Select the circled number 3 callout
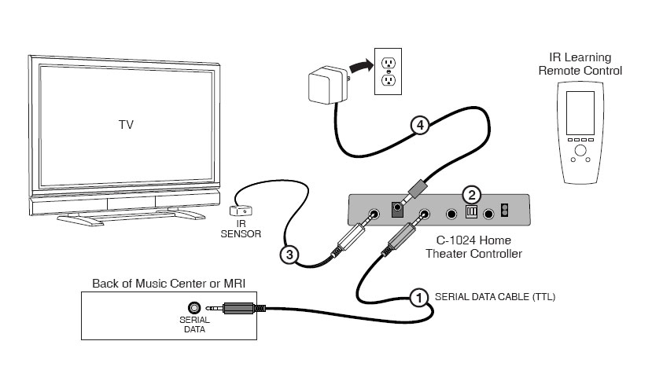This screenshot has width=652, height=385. click(288, 255)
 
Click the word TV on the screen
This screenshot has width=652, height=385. click(126, 124)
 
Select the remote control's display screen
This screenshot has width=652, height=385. click(581, 112)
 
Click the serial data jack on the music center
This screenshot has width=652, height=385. click(190, 308)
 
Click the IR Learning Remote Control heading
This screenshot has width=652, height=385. click(580, 64)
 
